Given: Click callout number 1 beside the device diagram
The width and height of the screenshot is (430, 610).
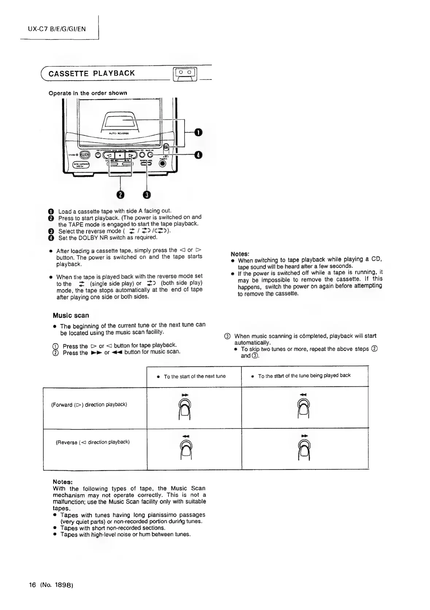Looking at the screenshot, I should (197, 132).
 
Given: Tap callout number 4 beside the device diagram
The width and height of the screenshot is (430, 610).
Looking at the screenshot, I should (197, 155).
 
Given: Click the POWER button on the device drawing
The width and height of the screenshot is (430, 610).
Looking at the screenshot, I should (85, 155).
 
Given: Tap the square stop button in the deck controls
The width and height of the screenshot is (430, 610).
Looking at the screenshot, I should (120, 155).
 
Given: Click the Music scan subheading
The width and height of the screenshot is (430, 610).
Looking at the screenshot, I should (71, 316).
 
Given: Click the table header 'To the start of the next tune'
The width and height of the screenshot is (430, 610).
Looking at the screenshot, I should (195, 376).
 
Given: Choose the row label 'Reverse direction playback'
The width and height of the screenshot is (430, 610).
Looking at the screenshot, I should (93, 442).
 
